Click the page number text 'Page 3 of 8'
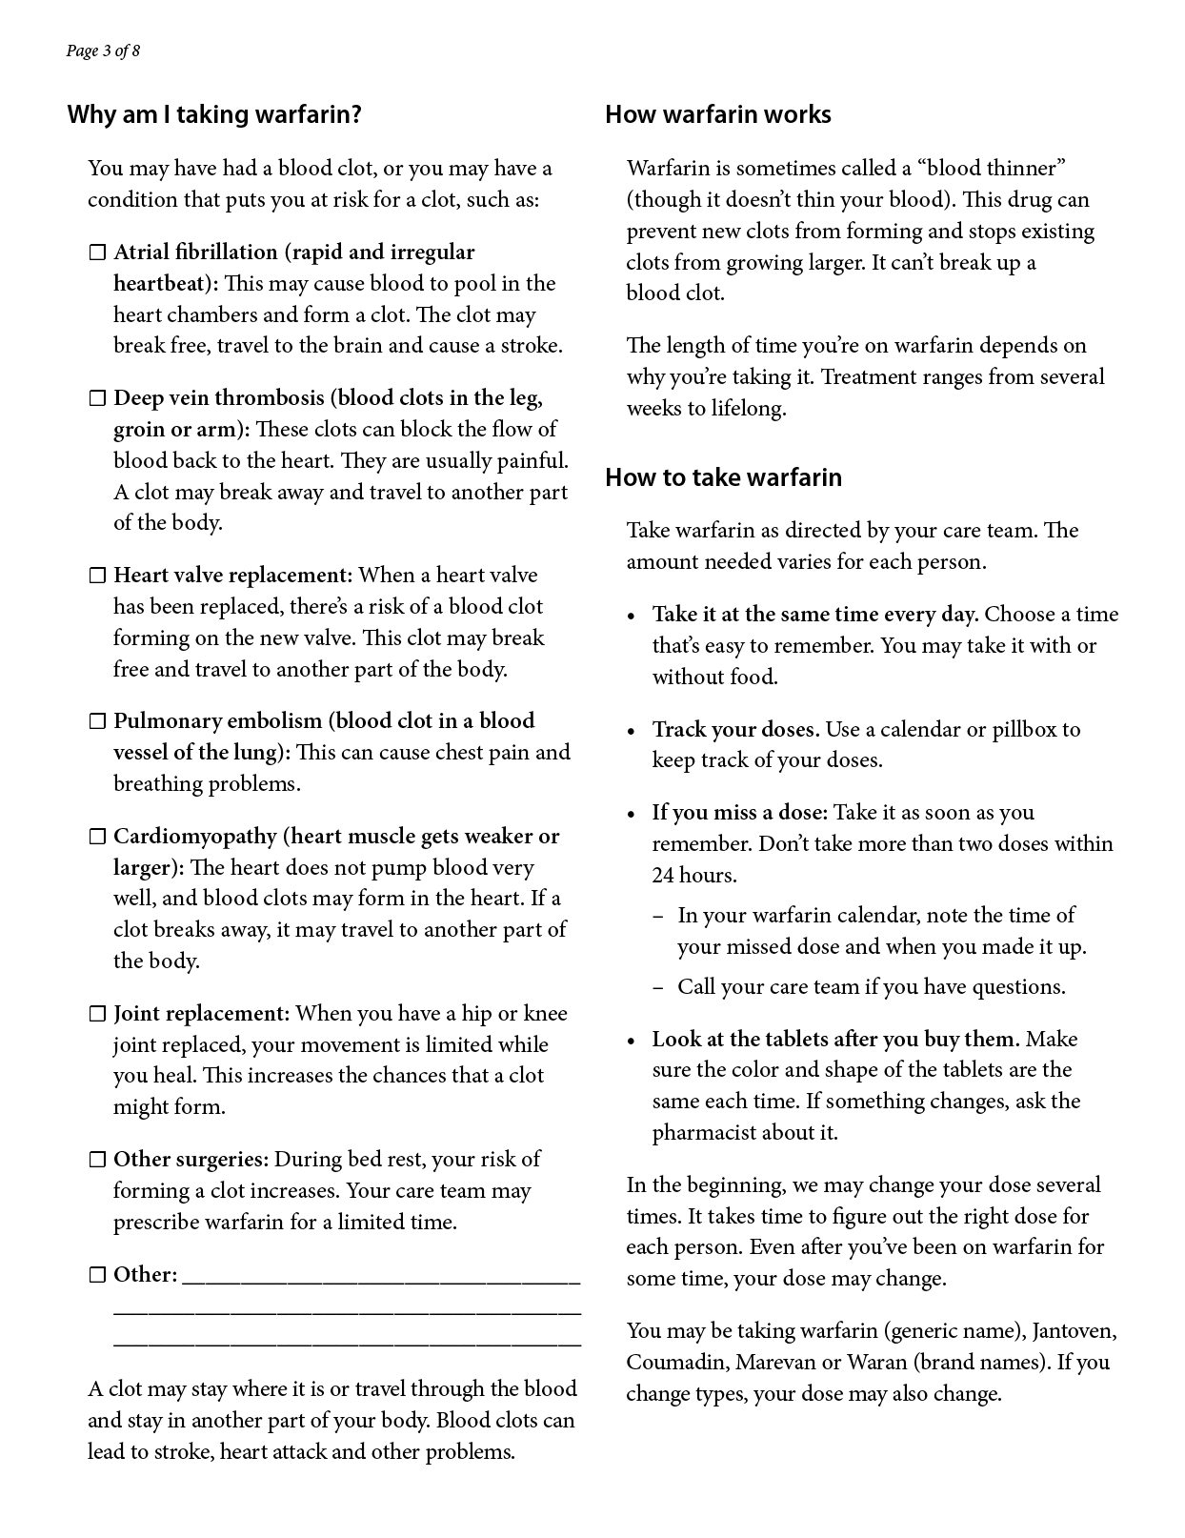tap(103, 51)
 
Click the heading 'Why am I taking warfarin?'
tap(214, 115)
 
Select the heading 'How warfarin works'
tap(717, 115)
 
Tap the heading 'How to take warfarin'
tap(723, 477)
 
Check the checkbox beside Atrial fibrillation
tap(97, 253)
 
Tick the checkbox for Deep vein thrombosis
tap(97, 398)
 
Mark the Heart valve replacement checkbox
tap(97, 576)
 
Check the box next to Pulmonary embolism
tap(97, 721)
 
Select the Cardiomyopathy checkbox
tap(97, 837)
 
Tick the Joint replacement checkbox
tap(97, 1014)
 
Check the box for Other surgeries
tap(97, 1160)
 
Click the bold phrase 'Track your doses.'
tap(735, 730)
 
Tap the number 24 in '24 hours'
tap(663, 876)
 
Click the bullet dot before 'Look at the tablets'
tap(632, 1041)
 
